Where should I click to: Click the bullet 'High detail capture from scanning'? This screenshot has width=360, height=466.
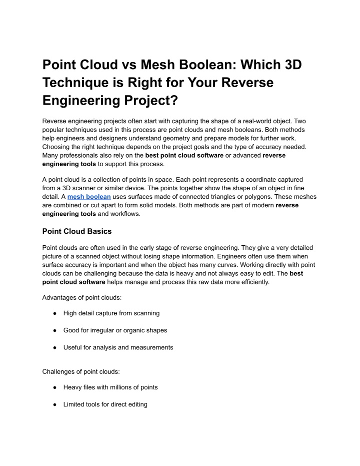tap(111, 313)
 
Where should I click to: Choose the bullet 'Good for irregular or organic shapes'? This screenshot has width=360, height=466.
tap(115, 330)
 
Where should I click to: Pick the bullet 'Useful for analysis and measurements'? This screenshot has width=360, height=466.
tap(118, 347)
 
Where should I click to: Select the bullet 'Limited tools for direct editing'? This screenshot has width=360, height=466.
tap(105, 404)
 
